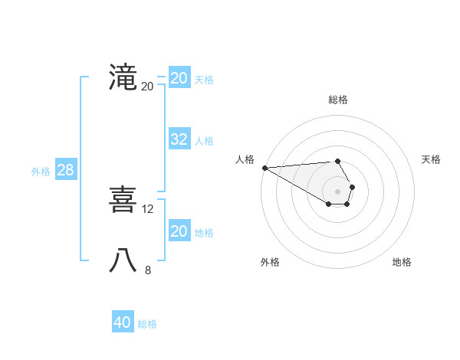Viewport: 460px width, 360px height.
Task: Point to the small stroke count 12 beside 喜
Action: (x=149, y=208)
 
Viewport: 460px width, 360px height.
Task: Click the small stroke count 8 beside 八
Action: (x=148, y=270)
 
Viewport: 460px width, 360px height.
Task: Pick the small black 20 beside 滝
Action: (x=147, y=86)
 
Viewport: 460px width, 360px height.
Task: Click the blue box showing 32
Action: (x=179, y=139)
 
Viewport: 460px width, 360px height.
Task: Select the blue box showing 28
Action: (x=65, y=170)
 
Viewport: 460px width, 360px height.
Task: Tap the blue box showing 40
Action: (x=123, y=322)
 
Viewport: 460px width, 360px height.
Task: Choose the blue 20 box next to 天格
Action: (x=179, y=78)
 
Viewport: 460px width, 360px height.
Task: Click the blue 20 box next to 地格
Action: (x=179, y=231)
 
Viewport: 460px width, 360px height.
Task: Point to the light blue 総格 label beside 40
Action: (x=147, y=324)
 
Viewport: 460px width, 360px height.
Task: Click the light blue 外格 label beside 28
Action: (x=41, y=172)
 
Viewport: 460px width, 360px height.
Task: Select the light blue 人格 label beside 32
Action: (x=204, y=141)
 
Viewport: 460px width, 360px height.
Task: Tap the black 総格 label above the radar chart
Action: (x=338, y=100)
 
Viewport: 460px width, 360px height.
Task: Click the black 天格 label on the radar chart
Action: (x=432, y=159)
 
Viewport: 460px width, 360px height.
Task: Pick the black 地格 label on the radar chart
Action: (x=402, y=262)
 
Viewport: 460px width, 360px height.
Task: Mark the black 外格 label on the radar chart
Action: (x=270, y=262)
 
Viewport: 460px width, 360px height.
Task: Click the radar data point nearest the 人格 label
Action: (x=264, y=168)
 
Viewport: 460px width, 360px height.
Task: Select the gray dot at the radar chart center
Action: (x=338, y=191)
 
